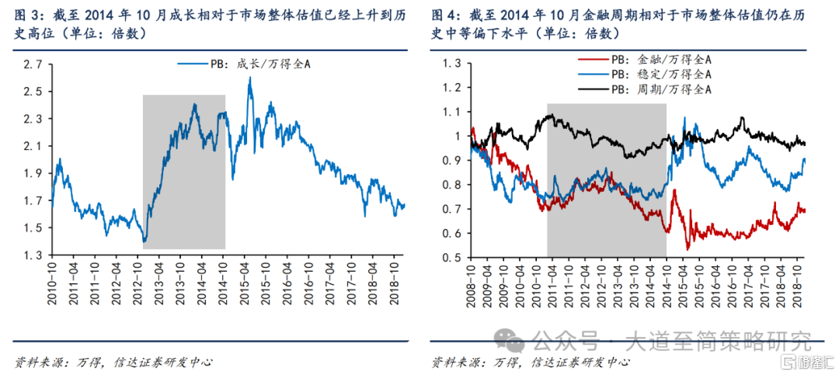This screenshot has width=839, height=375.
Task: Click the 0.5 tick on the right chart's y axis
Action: (x=452, y=258)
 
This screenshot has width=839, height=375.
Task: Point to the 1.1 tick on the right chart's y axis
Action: (x=452, y=111)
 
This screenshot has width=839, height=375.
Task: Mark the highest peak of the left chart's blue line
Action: (x=249, y=78)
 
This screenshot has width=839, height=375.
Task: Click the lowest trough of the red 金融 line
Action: (x=687, y=248)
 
